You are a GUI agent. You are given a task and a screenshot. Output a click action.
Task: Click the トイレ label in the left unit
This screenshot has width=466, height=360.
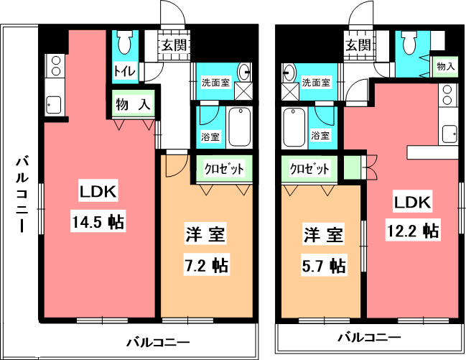tap(125, 71)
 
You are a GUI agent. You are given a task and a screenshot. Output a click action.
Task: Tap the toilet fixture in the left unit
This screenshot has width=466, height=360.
tap(125, 42)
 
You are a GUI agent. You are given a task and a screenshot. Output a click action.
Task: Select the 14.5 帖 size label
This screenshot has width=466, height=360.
tap(98, 221)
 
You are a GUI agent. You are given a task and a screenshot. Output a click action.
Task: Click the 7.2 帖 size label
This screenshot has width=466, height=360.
tap(205, 265)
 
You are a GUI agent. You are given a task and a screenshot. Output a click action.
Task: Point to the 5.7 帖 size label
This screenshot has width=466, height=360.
tap(324, 265)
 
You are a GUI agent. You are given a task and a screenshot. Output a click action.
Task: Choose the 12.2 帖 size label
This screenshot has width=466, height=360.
tap(413, 231)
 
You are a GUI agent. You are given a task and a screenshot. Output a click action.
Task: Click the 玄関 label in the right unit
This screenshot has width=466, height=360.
tap(359, 45)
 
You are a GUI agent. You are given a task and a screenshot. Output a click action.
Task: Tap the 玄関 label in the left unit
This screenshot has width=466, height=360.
tap(174, 45)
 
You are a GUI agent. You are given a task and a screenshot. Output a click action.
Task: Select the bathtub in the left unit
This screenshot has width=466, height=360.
tap(240, 127)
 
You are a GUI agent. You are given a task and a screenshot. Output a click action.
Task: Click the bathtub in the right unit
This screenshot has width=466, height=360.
tap(294, 127)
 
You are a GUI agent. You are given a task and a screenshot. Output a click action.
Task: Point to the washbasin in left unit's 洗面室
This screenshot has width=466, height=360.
tap(244, 72)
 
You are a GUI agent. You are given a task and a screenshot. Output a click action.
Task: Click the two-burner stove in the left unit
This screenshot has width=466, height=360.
tap(55, 66)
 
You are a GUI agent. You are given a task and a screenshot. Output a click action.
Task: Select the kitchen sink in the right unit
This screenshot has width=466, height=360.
tap(449, 134)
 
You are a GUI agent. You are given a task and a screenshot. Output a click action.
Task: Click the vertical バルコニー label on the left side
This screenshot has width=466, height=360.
tap(22, 194)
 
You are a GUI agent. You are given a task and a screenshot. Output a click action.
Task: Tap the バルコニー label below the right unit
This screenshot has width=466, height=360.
tap(369, 338)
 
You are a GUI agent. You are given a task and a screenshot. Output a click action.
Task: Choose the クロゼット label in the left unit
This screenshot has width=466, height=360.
tap(224, 169)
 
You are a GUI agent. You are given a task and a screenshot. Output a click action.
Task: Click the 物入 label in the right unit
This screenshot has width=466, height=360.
tap(445, 66)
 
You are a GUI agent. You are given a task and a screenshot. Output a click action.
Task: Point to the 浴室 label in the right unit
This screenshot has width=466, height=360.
tap(320, 136)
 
